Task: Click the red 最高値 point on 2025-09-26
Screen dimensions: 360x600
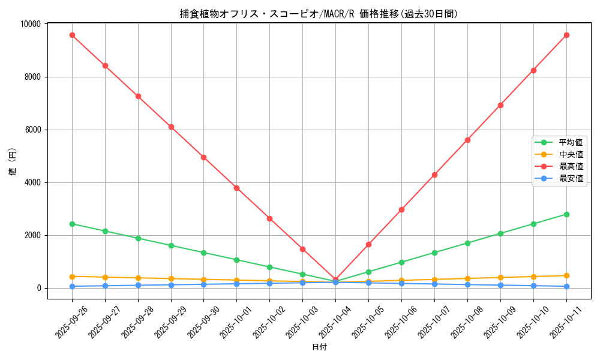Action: (x=72, y=35)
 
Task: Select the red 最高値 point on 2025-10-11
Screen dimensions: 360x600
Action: (x=566, y=35)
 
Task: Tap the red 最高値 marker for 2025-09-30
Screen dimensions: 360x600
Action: (x=204, y=157)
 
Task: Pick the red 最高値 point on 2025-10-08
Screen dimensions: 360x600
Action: (x=467, y=140)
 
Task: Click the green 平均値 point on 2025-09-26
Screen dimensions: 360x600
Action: (x=72, y=224)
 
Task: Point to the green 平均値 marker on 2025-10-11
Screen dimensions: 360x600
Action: (x=566, y=214)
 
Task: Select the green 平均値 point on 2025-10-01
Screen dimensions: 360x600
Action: (x=237, y=260)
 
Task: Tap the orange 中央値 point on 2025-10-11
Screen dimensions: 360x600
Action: (x=566, y=275)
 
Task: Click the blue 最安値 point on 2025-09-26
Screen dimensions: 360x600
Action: (x=72, y=286)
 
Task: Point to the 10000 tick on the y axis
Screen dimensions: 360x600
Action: (x=29, y=24)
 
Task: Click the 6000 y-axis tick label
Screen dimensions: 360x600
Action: (x=32, y=130)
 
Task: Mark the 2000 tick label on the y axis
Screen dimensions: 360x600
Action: (x=32, y=235)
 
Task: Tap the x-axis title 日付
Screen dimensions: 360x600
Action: (x=319, y=347)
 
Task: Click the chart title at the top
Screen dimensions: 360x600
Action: (x=319, y=14)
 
